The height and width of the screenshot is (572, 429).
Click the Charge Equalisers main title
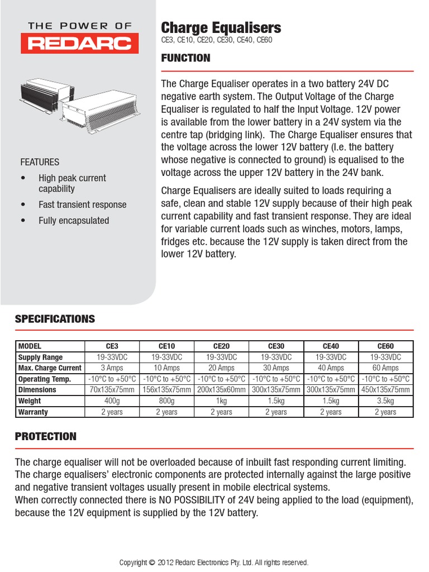click(221, 28)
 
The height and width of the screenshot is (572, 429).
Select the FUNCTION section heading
click(185, 58)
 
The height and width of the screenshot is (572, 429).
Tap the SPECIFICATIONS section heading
click(55, 319)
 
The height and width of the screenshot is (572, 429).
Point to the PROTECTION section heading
click(45, 436)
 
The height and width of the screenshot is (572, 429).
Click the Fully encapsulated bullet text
click(74, 221)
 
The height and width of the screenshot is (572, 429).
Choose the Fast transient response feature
click(82, 205)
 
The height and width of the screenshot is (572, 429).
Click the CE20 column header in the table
click(221, 346)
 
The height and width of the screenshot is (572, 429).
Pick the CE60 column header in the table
click(385, 346)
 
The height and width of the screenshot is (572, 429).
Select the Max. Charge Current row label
click(50, 368)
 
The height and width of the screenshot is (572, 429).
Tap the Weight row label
click(30, 401)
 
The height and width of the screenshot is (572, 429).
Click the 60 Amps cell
click(385, 368)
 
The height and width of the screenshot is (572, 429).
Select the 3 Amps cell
click(112, 368)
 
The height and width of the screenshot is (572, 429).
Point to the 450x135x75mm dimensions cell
click(385, 390)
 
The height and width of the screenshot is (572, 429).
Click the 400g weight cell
click(112, 401)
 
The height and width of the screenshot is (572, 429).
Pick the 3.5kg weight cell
click(385, 401)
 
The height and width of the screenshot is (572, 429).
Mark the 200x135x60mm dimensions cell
click(221, 390)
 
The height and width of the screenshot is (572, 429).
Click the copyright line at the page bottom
click(214, 563)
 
